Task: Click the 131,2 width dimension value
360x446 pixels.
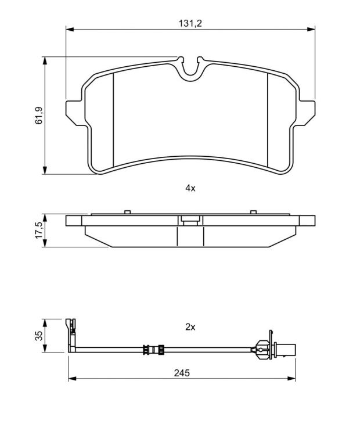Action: (190, 23)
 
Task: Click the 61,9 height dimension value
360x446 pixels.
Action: (39, 115)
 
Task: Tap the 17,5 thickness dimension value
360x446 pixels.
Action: (39, 231)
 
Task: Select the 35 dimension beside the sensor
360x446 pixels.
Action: (39, 336)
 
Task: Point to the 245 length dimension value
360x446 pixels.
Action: (182, 373)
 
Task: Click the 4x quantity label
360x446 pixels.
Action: (190, 188)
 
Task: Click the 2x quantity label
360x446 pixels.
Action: (190, 327)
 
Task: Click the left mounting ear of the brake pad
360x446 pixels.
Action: (74, 112)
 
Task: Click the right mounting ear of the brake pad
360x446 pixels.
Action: (306, 112)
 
